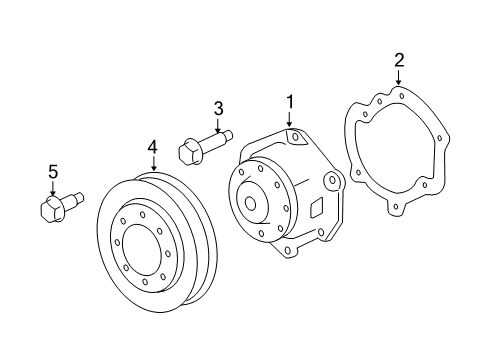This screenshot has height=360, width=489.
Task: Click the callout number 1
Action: coord(290,101)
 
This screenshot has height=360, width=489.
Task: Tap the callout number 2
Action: coord(398,62)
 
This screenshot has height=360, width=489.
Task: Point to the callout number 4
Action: coord(153,148)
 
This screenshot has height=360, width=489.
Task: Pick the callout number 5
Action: coord(53,172)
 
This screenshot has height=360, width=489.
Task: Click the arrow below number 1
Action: coord(290,120)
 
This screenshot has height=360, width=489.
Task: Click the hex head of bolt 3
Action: coord(188,153)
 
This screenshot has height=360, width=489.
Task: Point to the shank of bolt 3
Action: coord(218,137)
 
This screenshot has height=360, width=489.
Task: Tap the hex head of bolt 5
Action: coord(46,211)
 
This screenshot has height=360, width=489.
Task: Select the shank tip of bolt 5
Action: coord(77,203)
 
